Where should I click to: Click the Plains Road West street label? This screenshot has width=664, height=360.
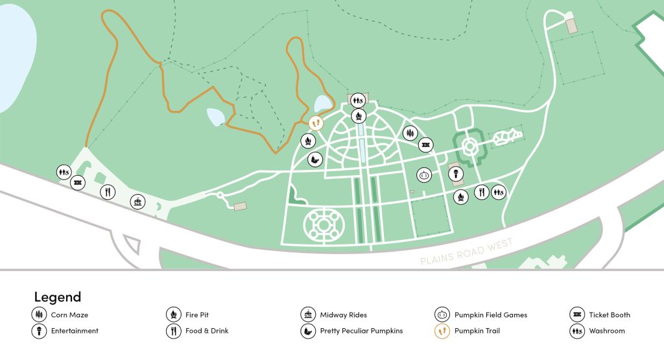[467, 251]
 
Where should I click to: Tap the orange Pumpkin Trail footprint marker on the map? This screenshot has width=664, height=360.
[316, 122]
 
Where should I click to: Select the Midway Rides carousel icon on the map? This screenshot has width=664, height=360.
[137, 202]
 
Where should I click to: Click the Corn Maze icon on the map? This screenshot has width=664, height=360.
[410, 133]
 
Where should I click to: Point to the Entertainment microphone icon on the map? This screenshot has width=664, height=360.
[456, 174]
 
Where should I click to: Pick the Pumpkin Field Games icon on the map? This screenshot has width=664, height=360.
[424, 174]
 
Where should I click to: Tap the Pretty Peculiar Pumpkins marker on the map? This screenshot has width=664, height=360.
[314, 159]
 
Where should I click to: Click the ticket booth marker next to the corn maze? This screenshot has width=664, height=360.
[425, 145]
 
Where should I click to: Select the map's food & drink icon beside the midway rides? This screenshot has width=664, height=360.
[108, 192]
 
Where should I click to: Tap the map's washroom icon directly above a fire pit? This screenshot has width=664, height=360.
[357, 101]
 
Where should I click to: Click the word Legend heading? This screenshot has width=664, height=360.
[58, 297]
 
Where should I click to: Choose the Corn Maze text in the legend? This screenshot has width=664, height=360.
[69, 315]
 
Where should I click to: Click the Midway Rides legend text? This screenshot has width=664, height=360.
[343, 315]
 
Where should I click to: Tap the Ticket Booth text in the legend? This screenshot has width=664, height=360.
[609, 315]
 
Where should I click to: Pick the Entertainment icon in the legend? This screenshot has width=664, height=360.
[39, 331]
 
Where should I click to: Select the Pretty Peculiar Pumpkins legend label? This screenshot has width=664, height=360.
[361, 331]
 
